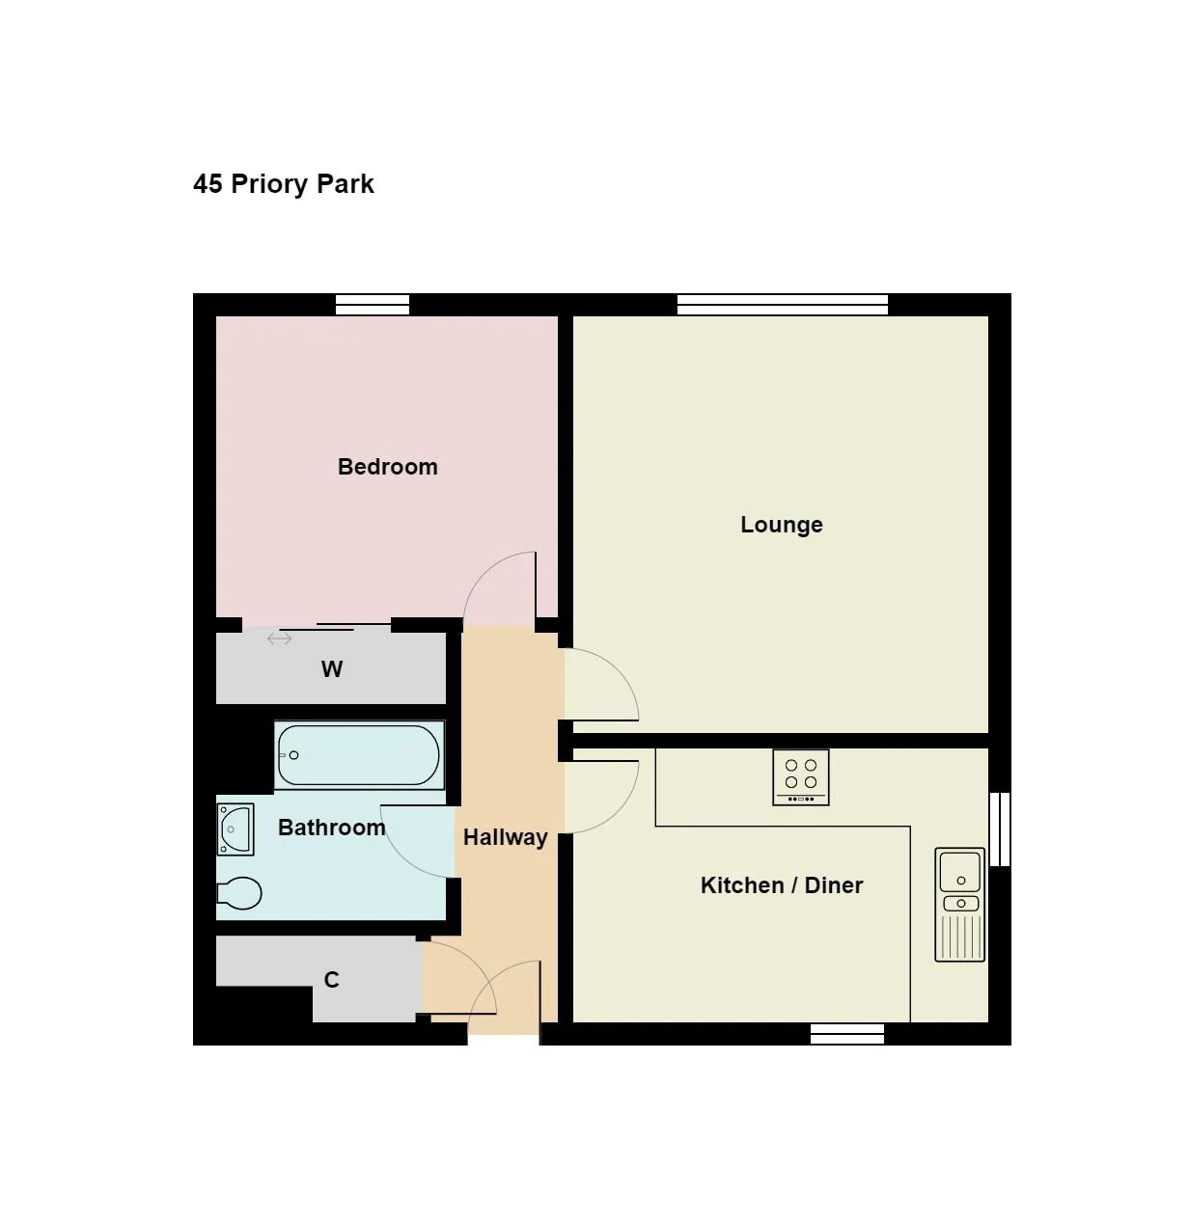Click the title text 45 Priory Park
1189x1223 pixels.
283,184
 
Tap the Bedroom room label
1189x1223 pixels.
387,466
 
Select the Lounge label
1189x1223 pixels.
781,525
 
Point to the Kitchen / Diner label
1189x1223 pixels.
782,885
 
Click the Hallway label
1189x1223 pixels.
506,838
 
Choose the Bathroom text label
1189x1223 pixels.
331,828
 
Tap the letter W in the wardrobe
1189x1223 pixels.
331,669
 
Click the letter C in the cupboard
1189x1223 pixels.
331,980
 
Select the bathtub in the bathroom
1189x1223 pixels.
359,755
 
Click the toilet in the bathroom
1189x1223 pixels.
239,892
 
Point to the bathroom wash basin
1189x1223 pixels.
235,829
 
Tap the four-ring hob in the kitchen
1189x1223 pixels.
800,777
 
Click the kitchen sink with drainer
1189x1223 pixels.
959,905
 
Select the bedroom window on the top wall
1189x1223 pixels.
373,305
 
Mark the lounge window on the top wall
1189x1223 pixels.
782,305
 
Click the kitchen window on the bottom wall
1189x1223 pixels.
847,1034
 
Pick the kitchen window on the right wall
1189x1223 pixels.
1000,829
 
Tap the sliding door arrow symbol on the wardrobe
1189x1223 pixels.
279,639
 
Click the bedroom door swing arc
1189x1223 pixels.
484,571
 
